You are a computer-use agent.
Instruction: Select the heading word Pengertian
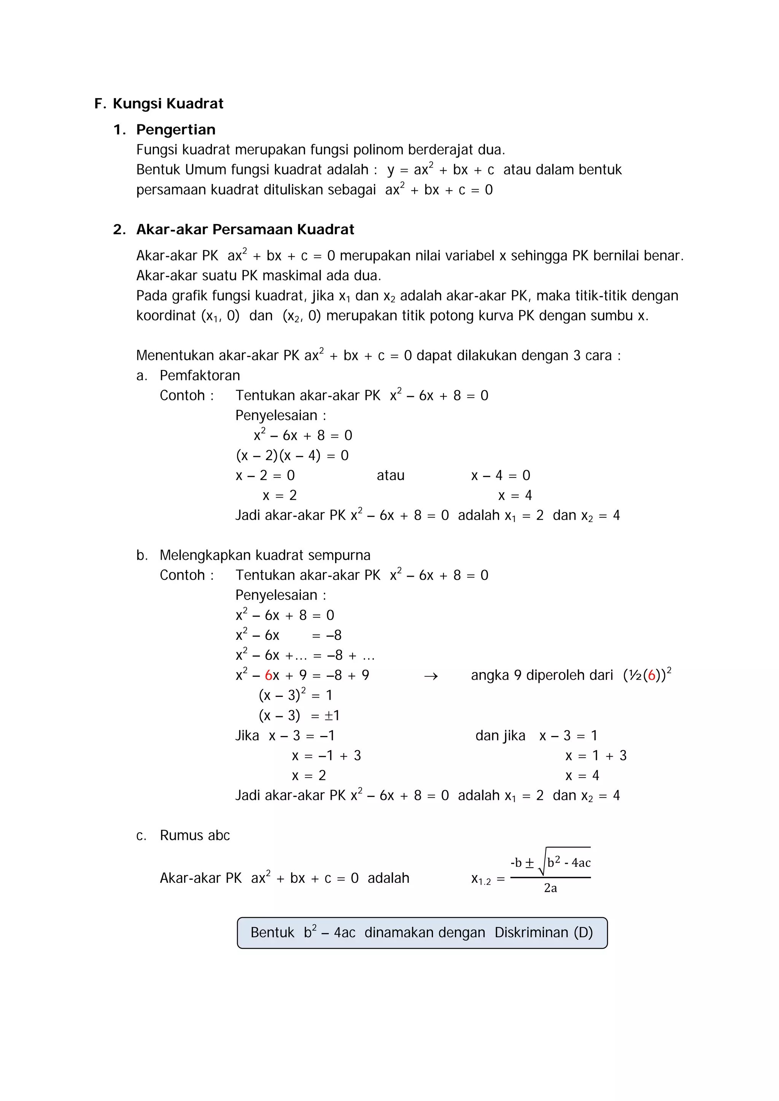click(176, 130)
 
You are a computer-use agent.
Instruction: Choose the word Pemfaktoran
click(200, 376)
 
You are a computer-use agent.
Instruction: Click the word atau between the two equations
click(391, 476)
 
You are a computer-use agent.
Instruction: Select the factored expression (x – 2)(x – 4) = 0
click(292, 455)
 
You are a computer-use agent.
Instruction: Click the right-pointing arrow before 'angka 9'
click(431, 676)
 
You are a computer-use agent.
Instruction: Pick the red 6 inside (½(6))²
click(652, 676)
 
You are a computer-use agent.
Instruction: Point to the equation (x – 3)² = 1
click(295, 695)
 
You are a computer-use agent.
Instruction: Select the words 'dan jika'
click(500, 736)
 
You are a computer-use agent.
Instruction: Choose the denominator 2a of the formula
click(550, 888)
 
